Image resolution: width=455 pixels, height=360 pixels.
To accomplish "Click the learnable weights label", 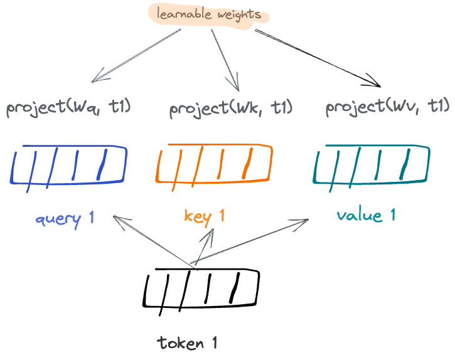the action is [x=209, y=14].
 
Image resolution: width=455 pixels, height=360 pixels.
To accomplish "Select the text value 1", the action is [x=366, y=216].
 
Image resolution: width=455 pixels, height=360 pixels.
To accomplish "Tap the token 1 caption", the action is [x=187, y=343].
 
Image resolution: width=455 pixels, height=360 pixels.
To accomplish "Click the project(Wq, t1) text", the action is [x=68, y=108].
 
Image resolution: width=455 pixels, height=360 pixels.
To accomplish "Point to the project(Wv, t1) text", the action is [x=388, y=108].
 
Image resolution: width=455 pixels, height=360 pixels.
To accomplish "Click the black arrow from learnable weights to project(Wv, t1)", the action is [x=318, y=58].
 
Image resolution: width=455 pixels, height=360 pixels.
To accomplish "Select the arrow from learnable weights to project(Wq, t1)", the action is [x=136, y=55].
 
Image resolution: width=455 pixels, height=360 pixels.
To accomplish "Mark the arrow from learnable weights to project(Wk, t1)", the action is [x=225, y=60].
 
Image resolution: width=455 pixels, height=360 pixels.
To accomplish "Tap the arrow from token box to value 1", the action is [x=249, y=241].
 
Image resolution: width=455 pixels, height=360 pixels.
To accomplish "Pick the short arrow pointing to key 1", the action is [x=205, y=247].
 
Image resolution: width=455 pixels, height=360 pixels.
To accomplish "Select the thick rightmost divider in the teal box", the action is [x=405, y=164].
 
